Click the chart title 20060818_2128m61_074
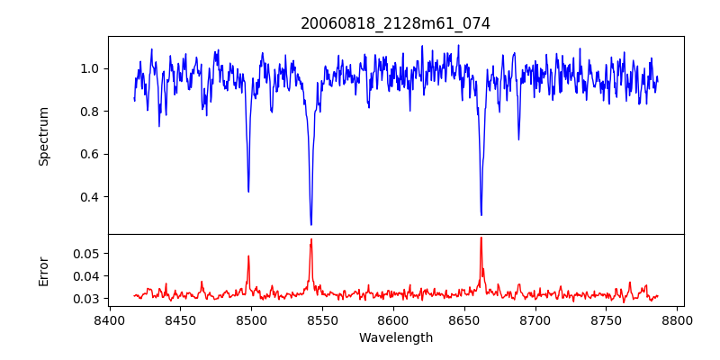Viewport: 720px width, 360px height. click(x=395, y=23)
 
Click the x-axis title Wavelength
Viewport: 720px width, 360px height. click(x=395, y=337)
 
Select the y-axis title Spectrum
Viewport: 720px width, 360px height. click(x=43, y=136)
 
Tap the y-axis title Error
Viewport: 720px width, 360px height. click(x=43, y=271)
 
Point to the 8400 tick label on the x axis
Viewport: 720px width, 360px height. click(x=109, y=319)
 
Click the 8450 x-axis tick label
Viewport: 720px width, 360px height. click(x=180, y=319)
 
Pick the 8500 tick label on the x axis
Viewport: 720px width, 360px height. click(x=251, y=319)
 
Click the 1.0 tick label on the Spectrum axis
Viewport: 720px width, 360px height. click(x=91, y=68)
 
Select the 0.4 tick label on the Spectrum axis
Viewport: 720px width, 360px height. click(x=91, y=197)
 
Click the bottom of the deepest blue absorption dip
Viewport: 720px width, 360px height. click(x=311, y=225)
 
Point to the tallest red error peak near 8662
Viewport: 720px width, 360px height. click(x=481, y=238)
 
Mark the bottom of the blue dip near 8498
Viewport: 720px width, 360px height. click(x=248, y=191)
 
